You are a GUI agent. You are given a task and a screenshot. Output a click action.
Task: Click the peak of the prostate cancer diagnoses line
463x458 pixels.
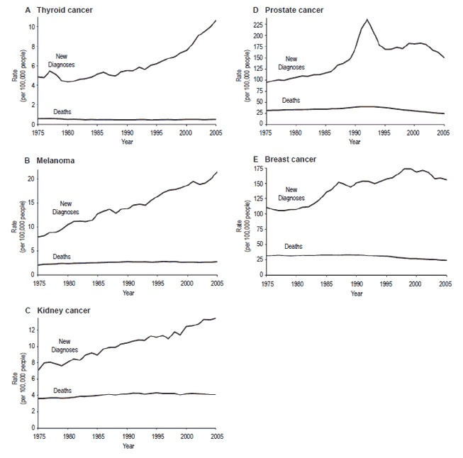pos(367,19)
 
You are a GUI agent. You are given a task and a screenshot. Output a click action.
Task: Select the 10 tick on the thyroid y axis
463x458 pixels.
pos(30,26)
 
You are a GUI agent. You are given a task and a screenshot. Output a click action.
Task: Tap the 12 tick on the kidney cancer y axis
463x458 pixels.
pos(30,330)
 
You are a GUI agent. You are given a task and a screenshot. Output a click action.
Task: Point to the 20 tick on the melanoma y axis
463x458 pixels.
pos(30,179)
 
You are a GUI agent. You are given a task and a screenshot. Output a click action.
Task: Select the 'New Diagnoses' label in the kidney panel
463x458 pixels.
pos(65,346)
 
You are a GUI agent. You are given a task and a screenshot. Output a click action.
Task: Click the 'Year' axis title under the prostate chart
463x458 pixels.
pos(355,142)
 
